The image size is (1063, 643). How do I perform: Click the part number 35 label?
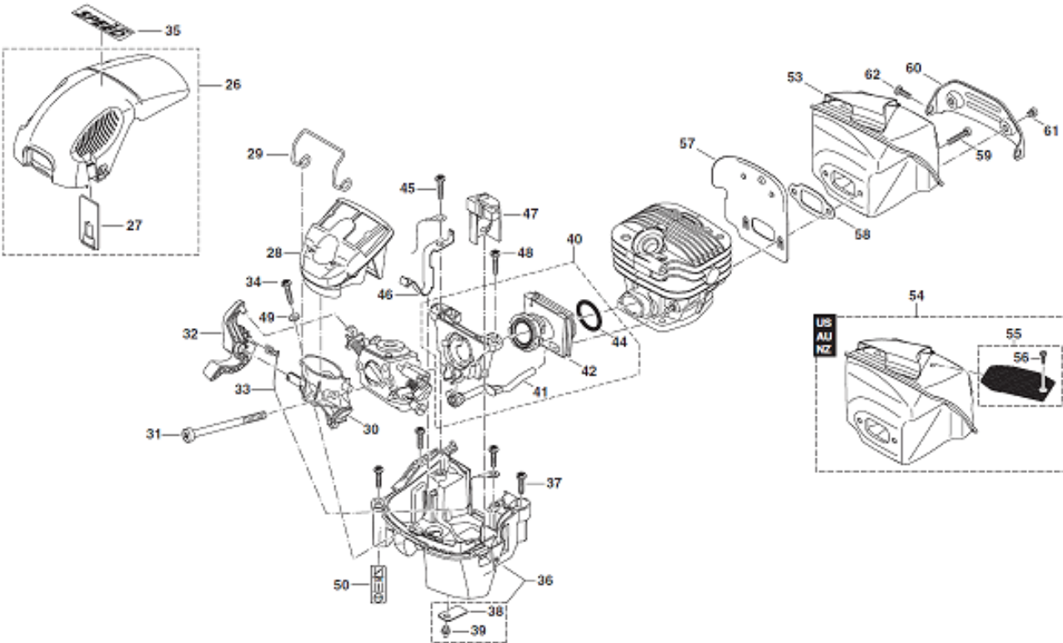[x=173, y=31]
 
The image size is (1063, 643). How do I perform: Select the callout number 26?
[x=233, y=85]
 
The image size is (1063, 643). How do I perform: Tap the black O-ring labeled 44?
[x=593, y=317]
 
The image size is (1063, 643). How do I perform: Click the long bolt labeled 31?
[x=221, y=423]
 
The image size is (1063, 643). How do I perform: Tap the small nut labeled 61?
[x=1031, y=113]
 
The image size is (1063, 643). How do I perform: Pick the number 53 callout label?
[x=794, y=77]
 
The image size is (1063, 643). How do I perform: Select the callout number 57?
[x=686, y=144]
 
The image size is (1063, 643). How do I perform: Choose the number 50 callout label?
[x=342, y=584]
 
